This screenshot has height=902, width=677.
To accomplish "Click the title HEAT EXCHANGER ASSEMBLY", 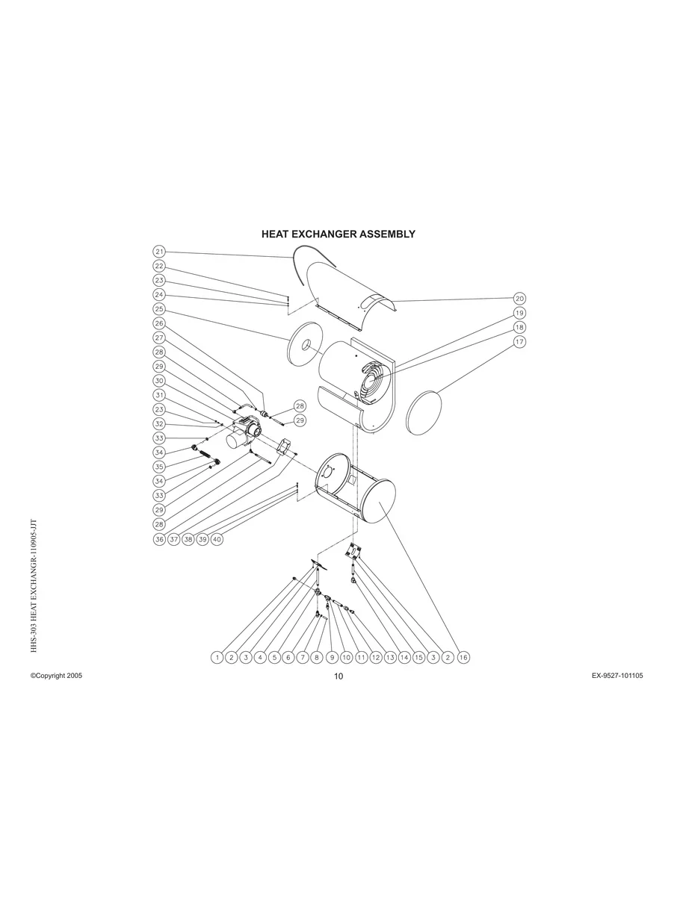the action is (x=338, y=234).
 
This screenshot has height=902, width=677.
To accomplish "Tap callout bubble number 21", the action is (x=159, y=252).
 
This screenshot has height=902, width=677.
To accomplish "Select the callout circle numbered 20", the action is (x=519, y=299).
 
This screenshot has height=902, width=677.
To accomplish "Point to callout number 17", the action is (x=519, y=342).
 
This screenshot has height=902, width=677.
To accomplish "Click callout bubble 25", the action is (x=159, y=309).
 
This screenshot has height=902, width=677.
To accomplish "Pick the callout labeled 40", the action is (x=217, y=539).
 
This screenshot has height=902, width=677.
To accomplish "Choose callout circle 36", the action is (x=159, y=539).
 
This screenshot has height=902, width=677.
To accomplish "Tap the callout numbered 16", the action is (x=463, y=658).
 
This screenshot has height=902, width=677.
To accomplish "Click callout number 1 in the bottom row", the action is (x=217, y=658).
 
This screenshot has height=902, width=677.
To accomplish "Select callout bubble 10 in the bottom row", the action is (x=346, y=658).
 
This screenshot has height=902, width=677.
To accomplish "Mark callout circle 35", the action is (x=159, y=467).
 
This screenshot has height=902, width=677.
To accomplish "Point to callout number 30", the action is (x=159, y=381).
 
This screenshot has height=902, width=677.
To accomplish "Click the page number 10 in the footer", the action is (x=338, y=676).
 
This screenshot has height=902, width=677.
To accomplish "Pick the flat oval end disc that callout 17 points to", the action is (x=424, y=412).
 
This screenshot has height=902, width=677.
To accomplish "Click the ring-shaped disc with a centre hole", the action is (x=305, y=346).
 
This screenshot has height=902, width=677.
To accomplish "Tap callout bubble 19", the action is (x=519, y=313).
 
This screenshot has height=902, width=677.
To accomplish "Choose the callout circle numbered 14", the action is (x=404, y=658).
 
